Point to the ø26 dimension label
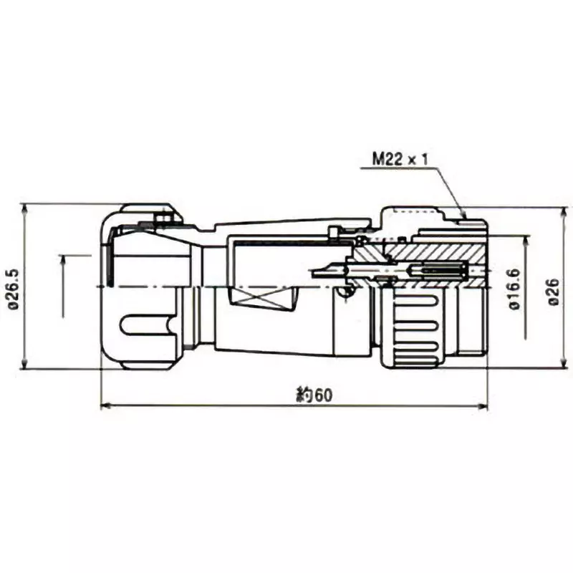[554, 290]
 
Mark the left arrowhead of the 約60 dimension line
[105, 406]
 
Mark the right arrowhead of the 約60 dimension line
[483, 406]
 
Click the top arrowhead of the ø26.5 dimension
[25, 208]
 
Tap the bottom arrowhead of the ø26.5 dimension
[25, 365]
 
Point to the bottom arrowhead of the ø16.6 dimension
[528, 333]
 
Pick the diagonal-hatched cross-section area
[430, 253]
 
